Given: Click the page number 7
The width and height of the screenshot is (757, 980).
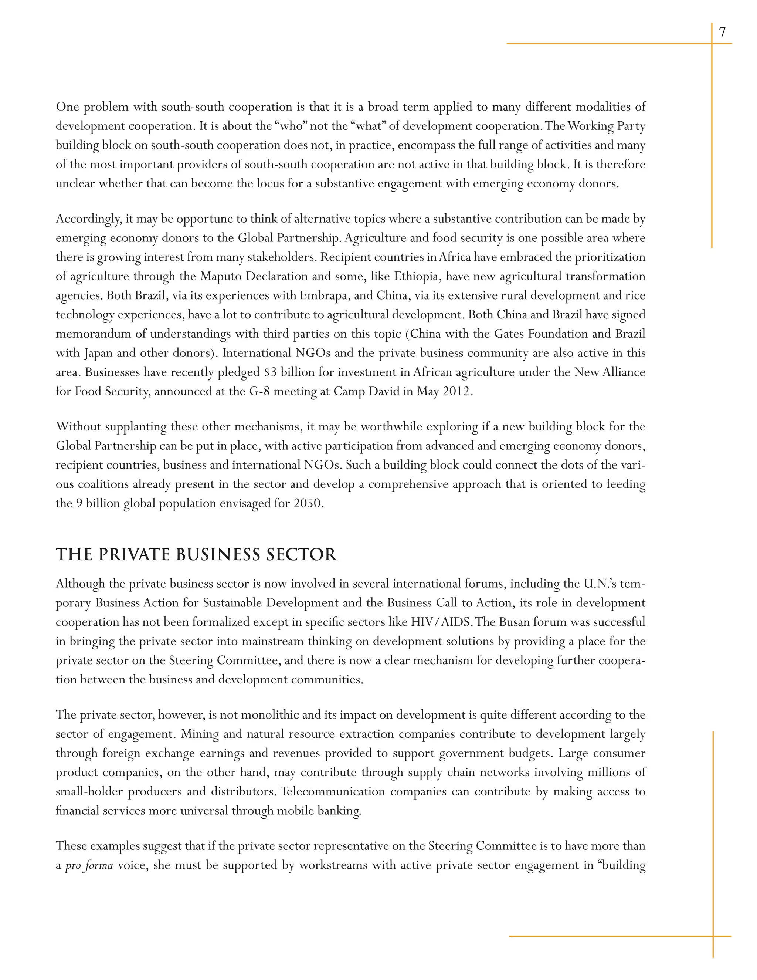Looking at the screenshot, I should (722, 32).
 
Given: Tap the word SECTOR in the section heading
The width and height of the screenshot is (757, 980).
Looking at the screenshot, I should (301, 555).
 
